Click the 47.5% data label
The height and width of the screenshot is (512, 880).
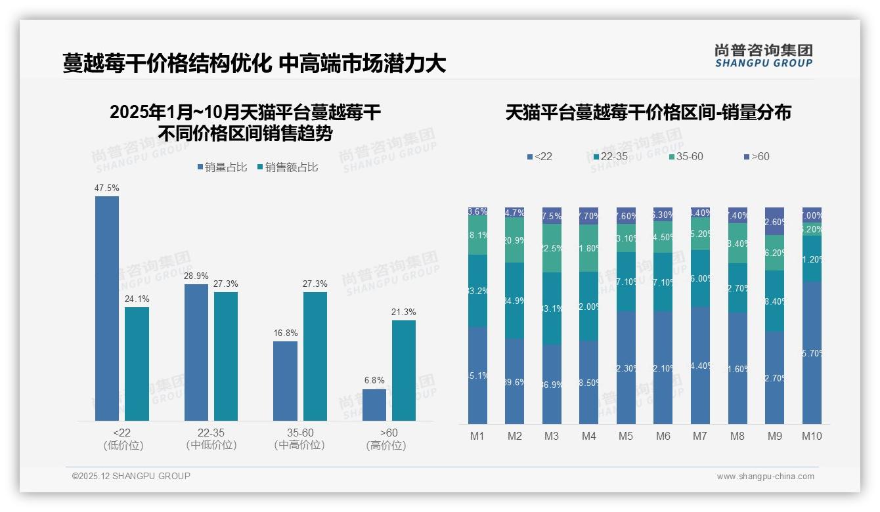tap(107, 188)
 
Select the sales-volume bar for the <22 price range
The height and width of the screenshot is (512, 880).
tap(107, 309)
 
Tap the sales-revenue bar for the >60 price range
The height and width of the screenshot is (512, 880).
tap(403, 370)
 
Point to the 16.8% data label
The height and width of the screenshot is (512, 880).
tap(286, 333)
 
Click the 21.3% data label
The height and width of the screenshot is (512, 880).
tap(403, 312)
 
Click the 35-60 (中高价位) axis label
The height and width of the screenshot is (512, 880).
tap(299, 438)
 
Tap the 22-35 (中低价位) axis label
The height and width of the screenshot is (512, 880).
tap(211, 438)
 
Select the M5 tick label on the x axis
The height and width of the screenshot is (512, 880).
tap(626, 436)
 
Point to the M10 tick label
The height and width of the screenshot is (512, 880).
tap(812, 436)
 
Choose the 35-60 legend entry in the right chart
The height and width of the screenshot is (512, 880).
tap(686, 157)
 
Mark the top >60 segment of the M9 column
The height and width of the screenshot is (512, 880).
tap(774, 221)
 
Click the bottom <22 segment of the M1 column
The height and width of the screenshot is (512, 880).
tap(477, 375)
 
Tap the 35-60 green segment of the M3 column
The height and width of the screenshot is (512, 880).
tap(552, 248)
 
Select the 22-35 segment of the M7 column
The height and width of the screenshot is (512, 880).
tap(700, 278)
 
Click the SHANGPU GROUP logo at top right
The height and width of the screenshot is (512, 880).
tap(764, 56)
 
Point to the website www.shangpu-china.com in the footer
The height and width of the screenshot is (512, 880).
tap(765, 477)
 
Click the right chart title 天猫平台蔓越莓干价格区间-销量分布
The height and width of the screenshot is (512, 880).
tap(648, 113)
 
